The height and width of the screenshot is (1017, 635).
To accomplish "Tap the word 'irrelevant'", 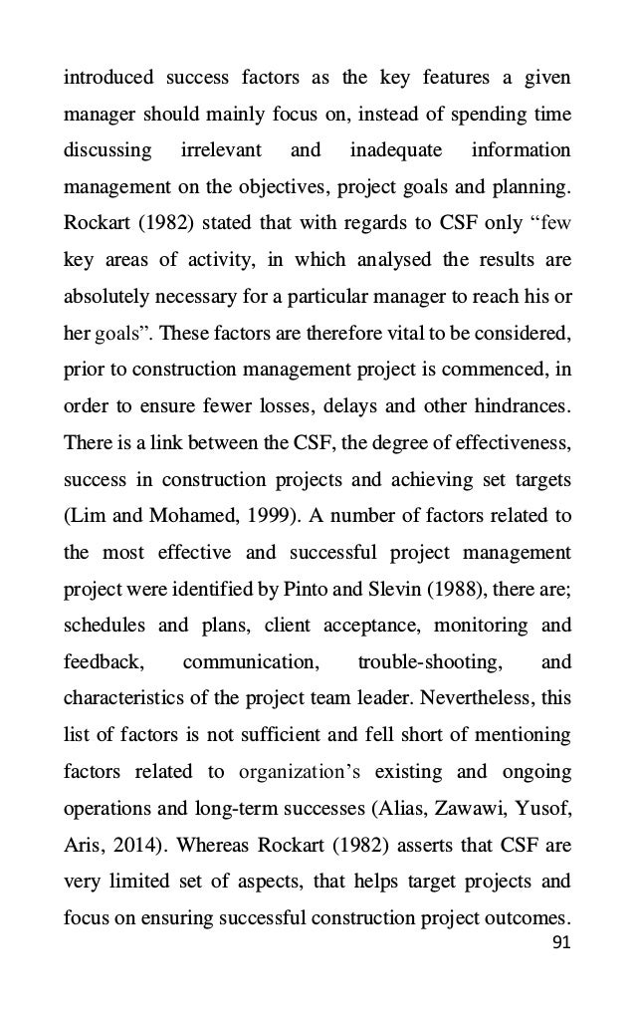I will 221,150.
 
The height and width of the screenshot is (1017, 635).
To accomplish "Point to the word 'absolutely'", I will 105,297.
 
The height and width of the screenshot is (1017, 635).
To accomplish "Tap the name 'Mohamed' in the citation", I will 170,516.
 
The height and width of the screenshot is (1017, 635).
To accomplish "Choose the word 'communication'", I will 249,662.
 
